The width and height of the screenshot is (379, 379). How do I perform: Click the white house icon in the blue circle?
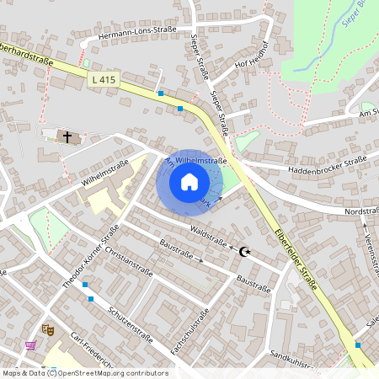click(x=189, y=181)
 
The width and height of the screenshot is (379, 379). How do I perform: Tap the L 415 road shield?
click(x=104, y=79)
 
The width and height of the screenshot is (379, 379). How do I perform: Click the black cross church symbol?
click(x=67, y=135)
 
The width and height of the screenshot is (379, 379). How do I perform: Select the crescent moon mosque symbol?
click(x=245, y=251)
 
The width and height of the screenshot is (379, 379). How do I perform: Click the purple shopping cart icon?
click(x=31, y=345)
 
